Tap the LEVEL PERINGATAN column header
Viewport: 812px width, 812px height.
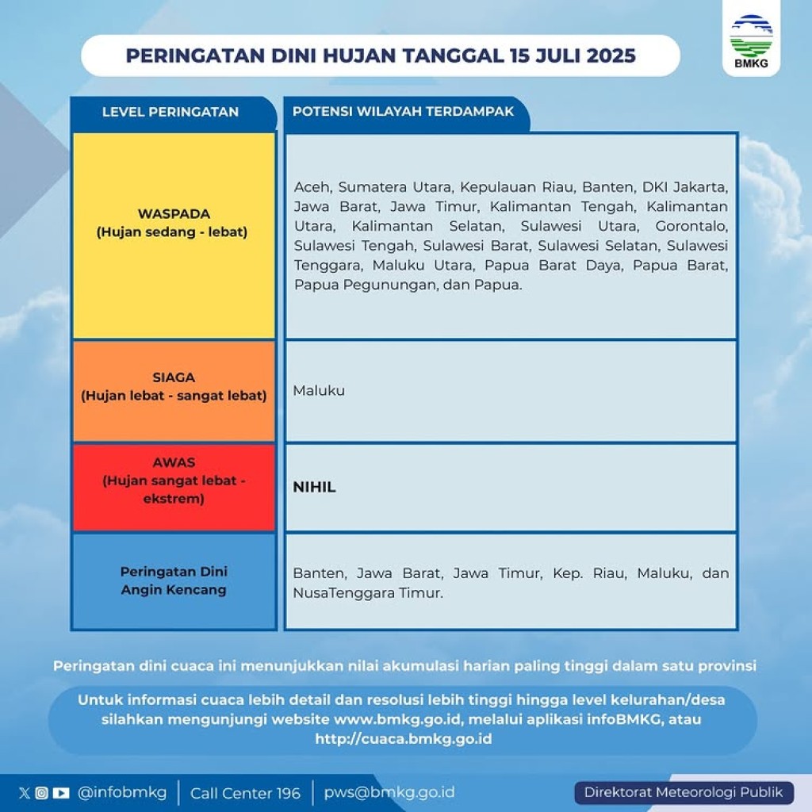click(x=170, y=112)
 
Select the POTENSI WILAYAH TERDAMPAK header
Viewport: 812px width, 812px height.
click(x=403, y=111)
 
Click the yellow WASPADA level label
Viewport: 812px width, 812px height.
click(x=174, y=223)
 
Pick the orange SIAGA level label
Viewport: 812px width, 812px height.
click(x=174, y=386)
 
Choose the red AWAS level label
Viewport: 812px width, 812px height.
click(x=174, y=481)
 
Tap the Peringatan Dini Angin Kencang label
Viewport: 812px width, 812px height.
click(x=174, y=580)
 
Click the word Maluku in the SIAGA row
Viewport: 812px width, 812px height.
click(x=319, y=390)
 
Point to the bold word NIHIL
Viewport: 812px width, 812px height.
click(x=314, y=487)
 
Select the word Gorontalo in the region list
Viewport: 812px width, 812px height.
click(x=691, y=226)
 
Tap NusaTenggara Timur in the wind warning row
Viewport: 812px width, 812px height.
click(x=368, y=593)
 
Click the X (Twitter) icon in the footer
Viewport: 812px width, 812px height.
click(x=25, y=793)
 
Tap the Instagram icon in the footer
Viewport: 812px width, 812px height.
click(x=42, y=793)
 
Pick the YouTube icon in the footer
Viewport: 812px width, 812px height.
click(x=61, y=793)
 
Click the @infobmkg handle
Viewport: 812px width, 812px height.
click(x=122, y=792)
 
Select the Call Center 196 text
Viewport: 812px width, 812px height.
click(x=246, y=793)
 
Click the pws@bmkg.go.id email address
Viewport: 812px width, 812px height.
click(x=389, y=792)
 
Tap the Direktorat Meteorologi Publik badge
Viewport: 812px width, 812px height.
click(x=684, y=793)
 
